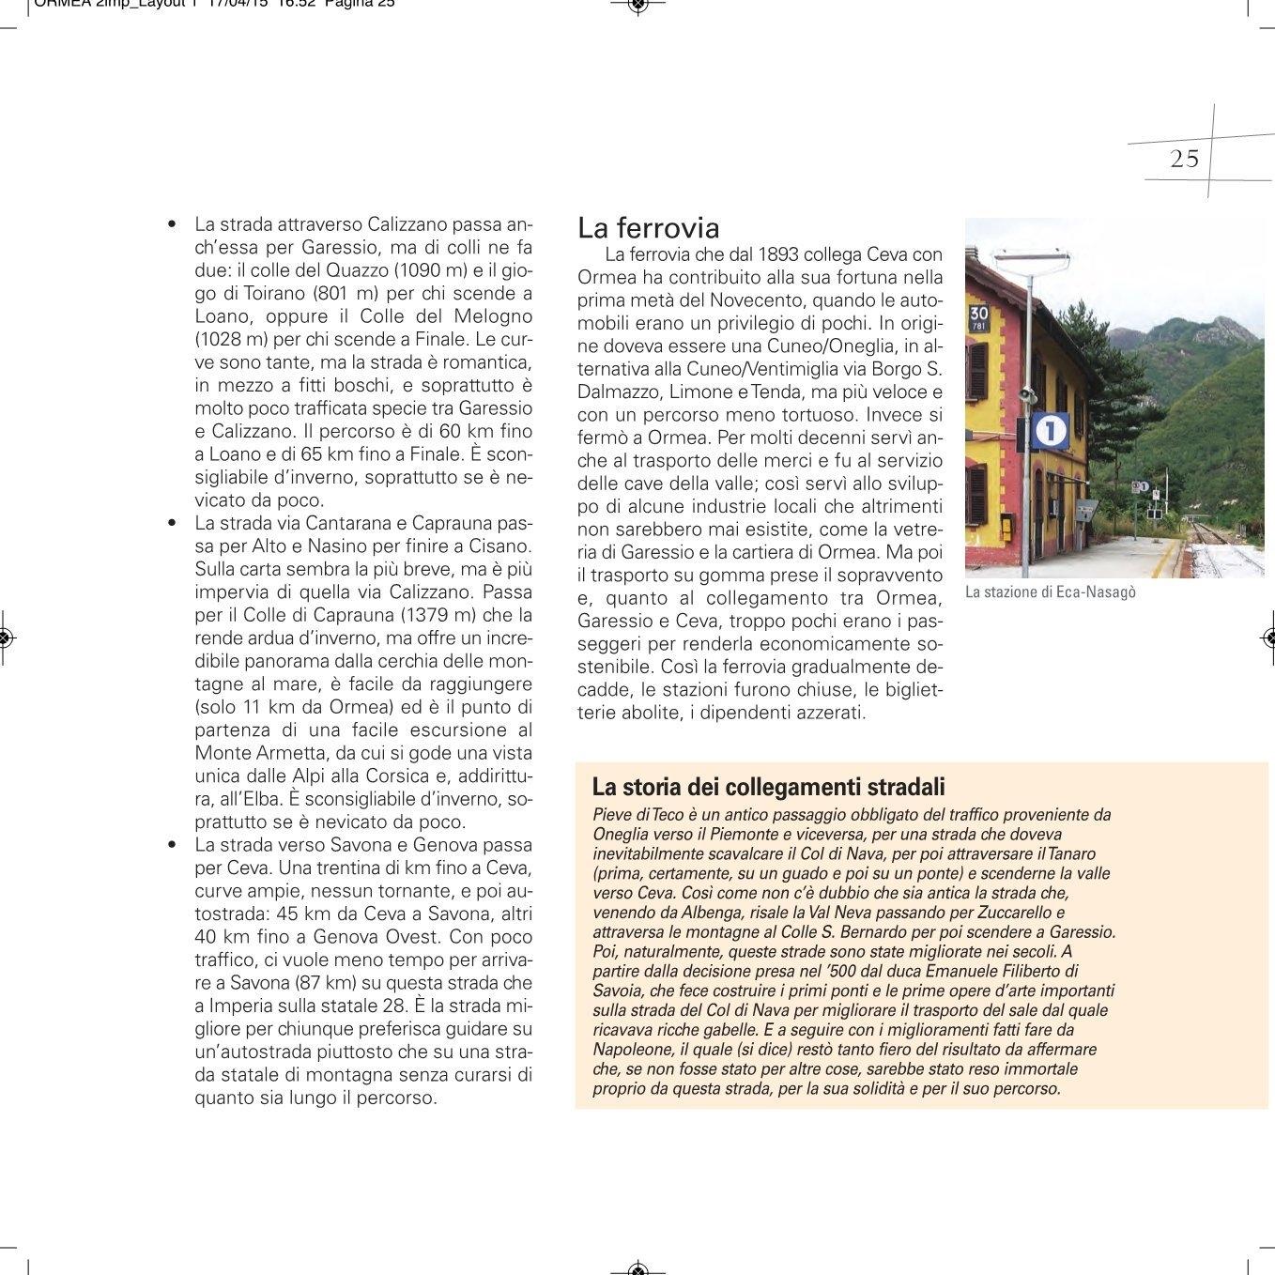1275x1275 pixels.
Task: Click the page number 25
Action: (x=1184, y=159)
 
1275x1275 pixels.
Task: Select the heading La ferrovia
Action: (x=648, y=228)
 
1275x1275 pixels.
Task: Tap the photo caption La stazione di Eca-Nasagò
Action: (x=1050, y=592)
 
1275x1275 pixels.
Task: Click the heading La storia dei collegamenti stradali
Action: (x=768, y=787)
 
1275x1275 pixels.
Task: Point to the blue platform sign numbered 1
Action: (x=1051, y=431)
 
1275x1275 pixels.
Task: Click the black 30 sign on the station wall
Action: (x=978, y=317)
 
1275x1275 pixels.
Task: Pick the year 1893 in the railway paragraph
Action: (x=777, y=255)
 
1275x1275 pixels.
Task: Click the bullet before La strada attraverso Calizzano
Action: (x=171, y=225)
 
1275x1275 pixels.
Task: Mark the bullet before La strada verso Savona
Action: (x=171, y=845)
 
